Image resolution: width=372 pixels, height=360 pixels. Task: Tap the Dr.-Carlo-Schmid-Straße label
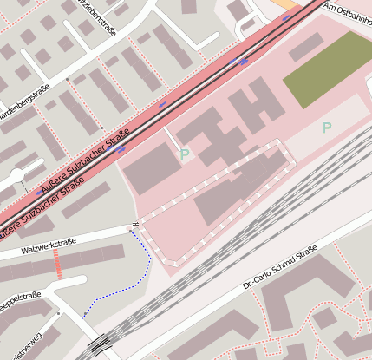(x=280, y=267)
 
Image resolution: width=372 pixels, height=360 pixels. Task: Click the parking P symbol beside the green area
(x=327, y=128)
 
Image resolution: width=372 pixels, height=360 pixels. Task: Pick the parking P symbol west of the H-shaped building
(x=184, y=154)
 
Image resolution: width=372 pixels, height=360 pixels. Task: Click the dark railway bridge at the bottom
(x=101, y=344)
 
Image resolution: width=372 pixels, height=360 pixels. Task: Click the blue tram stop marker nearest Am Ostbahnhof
(x=285, y=17)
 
